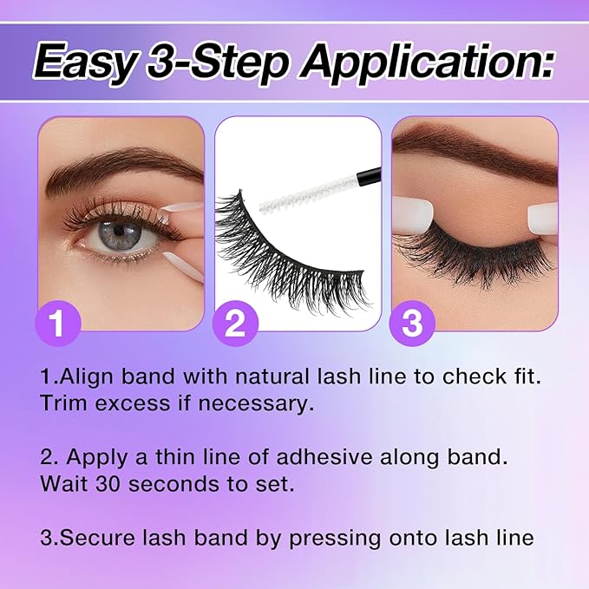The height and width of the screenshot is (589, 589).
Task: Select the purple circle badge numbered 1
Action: tap(58, 324)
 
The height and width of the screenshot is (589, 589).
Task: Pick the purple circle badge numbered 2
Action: tap(234, 324)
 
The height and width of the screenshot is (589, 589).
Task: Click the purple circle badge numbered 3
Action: tap(411, 324)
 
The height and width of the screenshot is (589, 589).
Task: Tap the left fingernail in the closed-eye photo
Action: tap(407, 213)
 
